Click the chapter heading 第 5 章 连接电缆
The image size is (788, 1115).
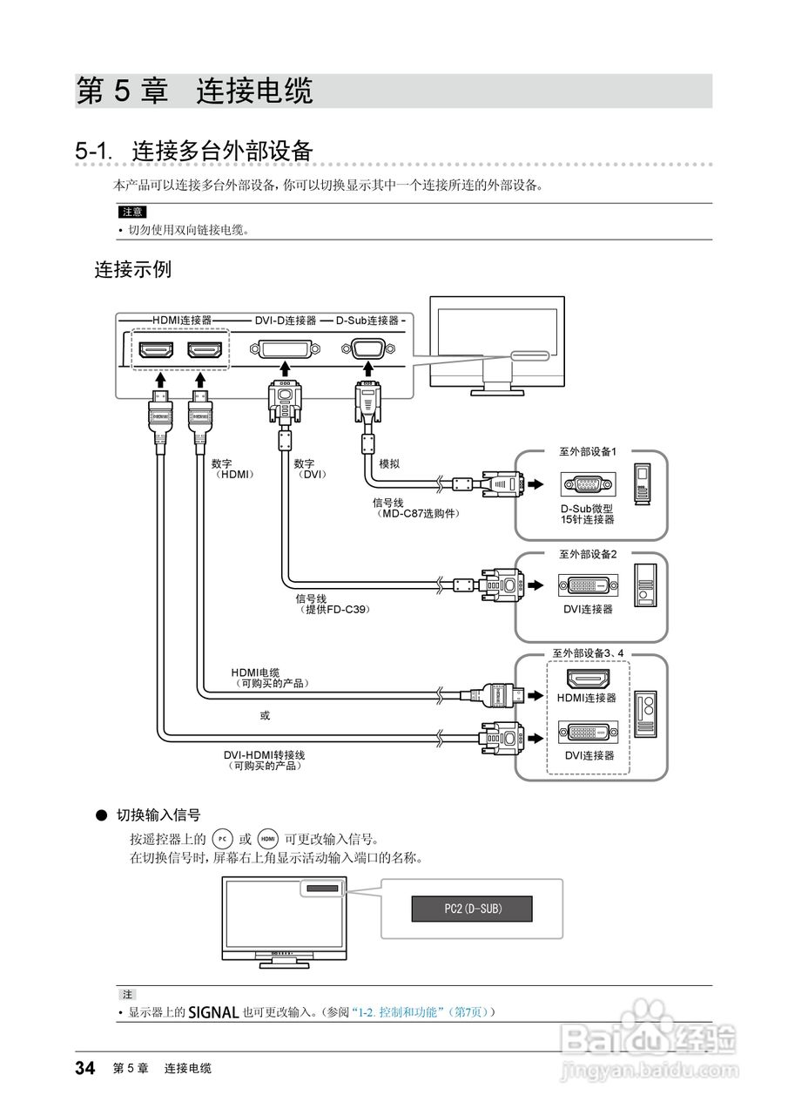[x=195, y=91]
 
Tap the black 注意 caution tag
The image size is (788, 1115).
[x=131, y=212]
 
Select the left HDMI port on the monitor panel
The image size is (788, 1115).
[x=158, y=350]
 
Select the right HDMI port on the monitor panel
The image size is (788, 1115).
[x=206, y=350]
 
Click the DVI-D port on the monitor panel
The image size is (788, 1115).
[x=283, y=350]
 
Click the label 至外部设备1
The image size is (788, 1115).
[x=587, y=452]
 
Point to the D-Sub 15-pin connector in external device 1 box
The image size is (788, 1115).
[x=588, y=484]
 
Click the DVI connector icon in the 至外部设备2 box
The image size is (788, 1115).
[x=588, y=585]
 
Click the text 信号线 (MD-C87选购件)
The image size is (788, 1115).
[x=416, y=508]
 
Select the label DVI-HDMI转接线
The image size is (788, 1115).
[x=265, y=754]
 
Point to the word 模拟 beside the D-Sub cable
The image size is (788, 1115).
[x=389, y=464]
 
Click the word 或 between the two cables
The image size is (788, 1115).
[x=265, y=715]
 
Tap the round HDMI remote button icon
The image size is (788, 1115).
[x=268, y=839]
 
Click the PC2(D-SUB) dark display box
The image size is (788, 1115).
[x=471, y=909]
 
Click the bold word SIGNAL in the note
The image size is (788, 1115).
[x=213, y=1012]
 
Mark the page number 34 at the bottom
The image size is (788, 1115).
[x=84, y=1068]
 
